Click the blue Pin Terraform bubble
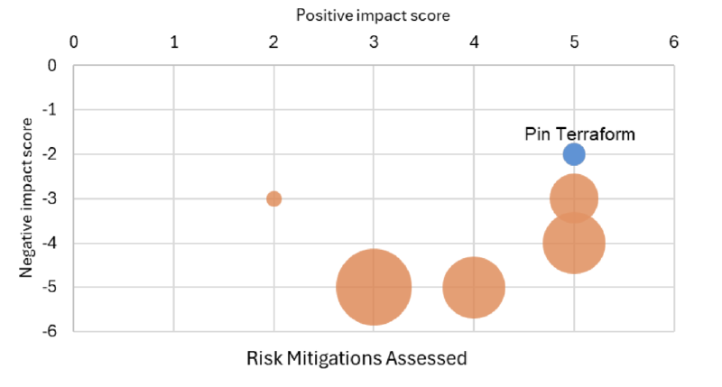click(574, 154)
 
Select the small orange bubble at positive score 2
click(273, 198)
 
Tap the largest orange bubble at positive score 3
click(374, 287)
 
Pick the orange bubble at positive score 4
click(474, 287)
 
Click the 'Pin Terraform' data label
click(579, 134)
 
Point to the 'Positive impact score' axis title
click(373, 15)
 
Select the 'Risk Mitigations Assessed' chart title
click(356, 358)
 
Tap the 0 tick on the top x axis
click(74, 42)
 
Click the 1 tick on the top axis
click(174, 42)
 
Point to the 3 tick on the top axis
click(374, 42)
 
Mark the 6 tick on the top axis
click(673, 42)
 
